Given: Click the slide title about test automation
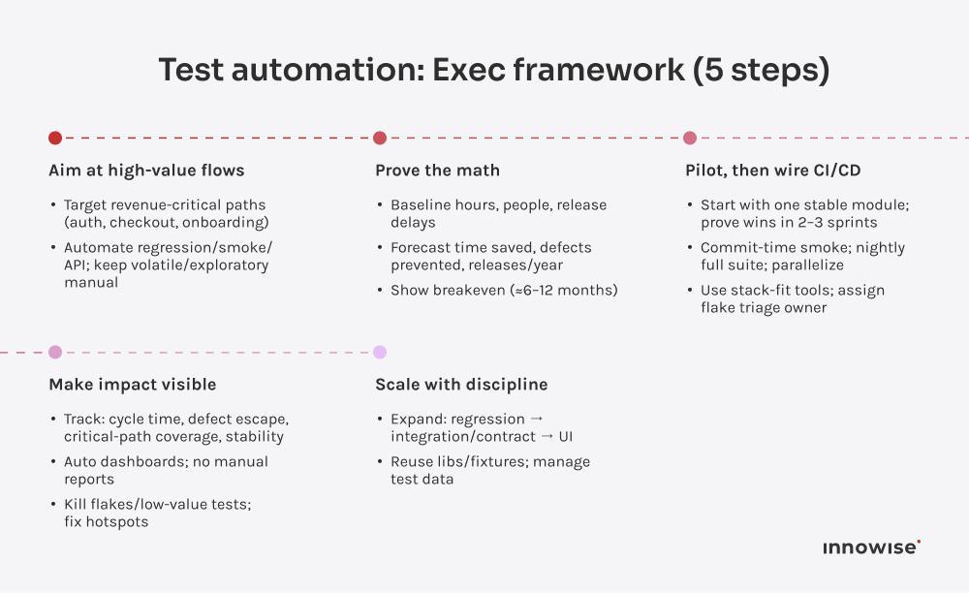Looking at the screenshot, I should (494, 71).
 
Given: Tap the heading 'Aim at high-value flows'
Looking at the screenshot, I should (146, 171).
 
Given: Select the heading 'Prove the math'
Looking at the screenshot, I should (437, 171).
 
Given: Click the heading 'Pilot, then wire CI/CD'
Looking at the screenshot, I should (773, 171).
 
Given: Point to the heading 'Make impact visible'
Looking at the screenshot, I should (132, 385).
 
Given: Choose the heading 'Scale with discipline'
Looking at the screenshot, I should (461, 385).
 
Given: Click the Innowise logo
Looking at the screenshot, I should (871, 547).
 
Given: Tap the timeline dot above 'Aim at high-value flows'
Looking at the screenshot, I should (55, 138).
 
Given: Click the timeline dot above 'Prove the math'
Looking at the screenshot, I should (380, 138).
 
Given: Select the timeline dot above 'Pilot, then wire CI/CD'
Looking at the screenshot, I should (690, 138).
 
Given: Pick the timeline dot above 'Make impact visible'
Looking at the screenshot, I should (55, 352).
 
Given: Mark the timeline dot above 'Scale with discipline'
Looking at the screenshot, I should (380, 352).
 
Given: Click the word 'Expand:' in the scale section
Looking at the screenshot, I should (418, 419).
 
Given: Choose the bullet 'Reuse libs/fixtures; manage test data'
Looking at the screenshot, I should (489, 470).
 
